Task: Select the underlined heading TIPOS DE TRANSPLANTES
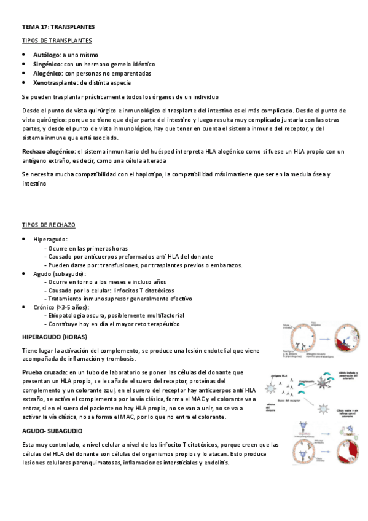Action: [57, 41]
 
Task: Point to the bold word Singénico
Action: [47, 64]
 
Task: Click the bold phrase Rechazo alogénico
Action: [49, 151]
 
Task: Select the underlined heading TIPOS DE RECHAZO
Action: [49, 225]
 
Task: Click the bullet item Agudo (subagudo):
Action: [60, 273]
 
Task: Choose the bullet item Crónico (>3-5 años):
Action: [61, 307]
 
